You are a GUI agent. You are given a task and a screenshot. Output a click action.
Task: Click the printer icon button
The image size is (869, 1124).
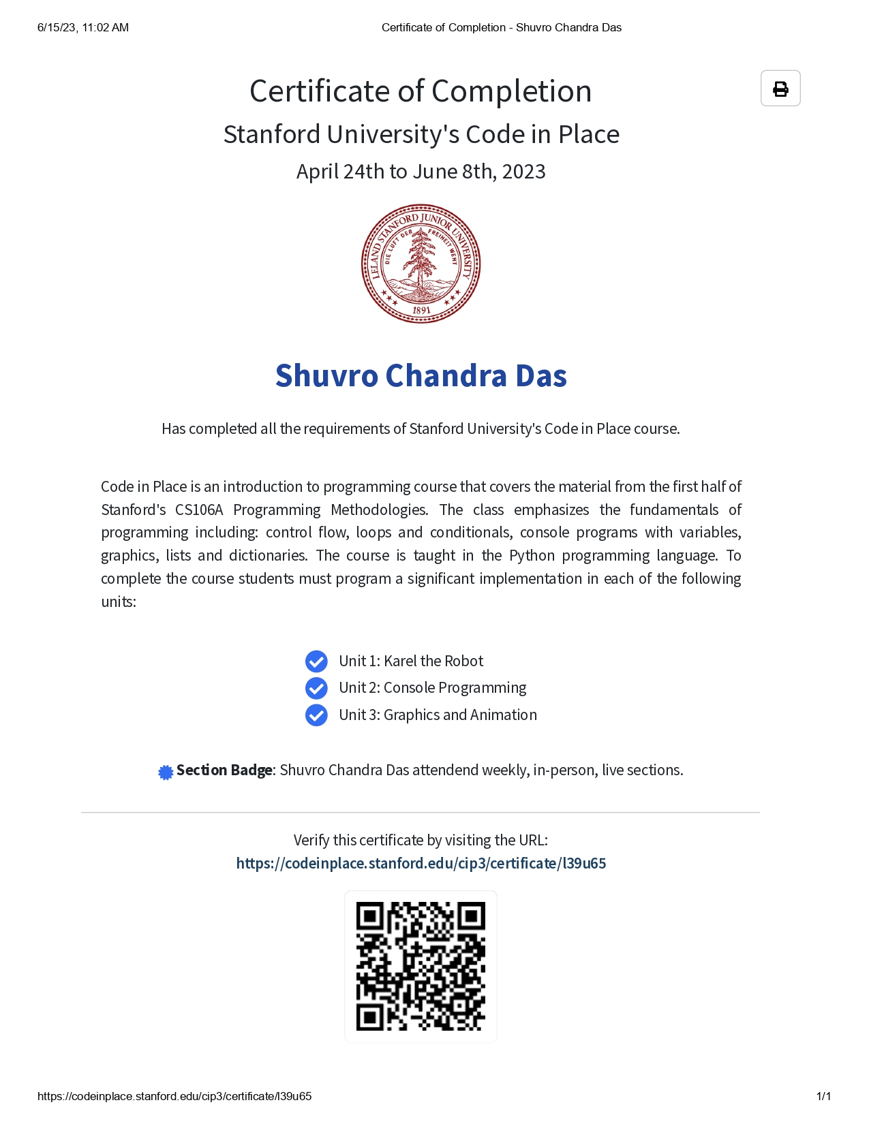pos(780,89)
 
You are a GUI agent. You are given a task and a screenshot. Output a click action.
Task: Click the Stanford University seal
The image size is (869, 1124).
pos(421,264)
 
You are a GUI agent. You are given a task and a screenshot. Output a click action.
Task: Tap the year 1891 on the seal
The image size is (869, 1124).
pos(421,311)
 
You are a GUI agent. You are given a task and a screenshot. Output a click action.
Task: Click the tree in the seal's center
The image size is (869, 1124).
pos(421,259)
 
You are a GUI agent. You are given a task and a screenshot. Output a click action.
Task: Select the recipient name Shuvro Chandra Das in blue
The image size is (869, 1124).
pos(421,376)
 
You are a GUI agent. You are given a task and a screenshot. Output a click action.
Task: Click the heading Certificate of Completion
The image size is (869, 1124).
pos(421,91)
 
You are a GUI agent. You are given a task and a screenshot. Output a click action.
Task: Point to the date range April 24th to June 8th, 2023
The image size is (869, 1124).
pos(421,172)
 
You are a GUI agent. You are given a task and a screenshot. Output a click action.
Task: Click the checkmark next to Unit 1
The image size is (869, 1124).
pos(316,661)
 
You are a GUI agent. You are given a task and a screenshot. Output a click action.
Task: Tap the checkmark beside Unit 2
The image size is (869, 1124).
pos(316,688)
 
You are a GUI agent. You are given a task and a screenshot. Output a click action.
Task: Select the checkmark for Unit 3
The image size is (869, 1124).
pos(316,715)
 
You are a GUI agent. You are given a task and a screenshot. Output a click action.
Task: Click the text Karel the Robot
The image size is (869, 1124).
pos(433,661)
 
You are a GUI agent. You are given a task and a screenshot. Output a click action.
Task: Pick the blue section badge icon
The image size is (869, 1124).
pos(166,772)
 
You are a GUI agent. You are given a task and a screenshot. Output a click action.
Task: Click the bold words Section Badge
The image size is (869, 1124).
pos(224,770)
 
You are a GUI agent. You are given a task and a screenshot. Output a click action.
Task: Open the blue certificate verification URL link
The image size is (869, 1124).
pos(421,864)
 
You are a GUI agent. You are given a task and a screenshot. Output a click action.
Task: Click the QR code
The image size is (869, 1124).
pos(421,966)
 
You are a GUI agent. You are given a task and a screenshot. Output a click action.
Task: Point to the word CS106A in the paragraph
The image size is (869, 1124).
pos(199,510)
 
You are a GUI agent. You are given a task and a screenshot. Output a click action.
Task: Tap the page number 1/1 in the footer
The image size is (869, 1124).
pos(823,1096)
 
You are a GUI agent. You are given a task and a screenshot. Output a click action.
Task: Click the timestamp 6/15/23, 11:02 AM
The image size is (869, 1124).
pos(83,28)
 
